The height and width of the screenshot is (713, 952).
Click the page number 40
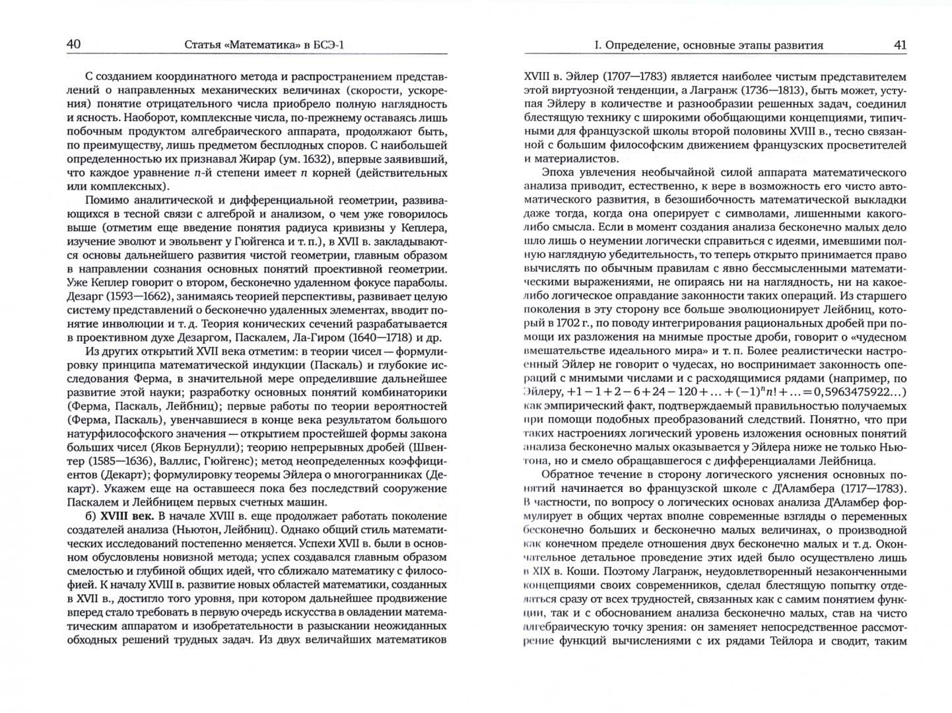[73, 44]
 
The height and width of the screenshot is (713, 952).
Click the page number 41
[899, 44]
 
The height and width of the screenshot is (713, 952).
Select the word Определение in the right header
[638, 45]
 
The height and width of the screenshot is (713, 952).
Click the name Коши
[586, 572]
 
